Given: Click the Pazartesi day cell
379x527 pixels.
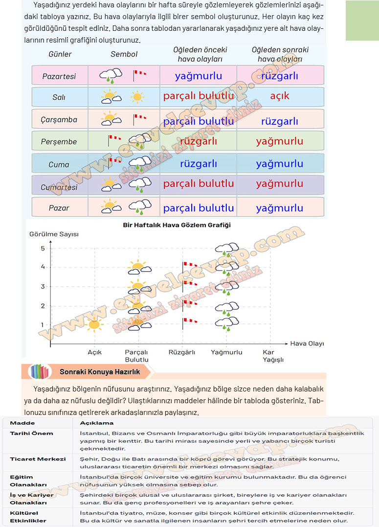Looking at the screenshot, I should click(x=59, y=76).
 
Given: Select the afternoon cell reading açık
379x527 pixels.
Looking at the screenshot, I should click(x=280, y=96).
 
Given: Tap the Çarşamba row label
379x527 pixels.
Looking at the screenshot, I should click(x=59, y=120).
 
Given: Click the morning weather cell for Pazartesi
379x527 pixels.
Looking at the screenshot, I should click(x=198, y=76).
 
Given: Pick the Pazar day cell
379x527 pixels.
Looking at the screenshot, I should click(x=59, y=208).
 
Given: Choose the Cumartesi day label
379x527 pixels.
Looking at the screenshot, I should click(x=59, y=187).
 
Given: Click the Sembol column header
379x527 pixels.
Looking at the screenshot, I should click(x=124, y=54).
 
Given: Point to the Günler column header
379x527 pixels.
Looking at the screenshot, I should click(x=60, y=54).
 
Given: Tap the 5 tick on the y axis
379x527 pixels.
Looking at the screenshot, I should click(x=43, y=249).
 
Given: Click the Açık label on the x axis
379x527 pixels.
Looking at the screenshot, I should click(x=94, y=352).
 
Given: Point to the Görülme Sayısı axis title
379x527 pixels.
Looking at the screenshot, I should click(x=54, y=234).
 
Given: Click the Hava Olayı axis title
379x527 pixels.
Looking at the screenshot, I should click(x=307, y=344).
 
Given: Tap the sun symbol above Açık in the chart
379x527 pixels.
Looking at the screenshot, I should click(x=94, y=323).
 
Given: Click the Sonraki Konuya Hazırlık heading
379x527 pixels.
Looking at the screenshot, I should click(x=100, y=372).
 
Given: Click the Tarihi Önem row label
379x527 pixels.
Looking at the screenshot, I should click(x=31, y=434).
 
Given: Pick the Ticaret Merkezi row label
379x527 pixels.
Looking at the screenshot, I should click(x=38, y=459).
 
